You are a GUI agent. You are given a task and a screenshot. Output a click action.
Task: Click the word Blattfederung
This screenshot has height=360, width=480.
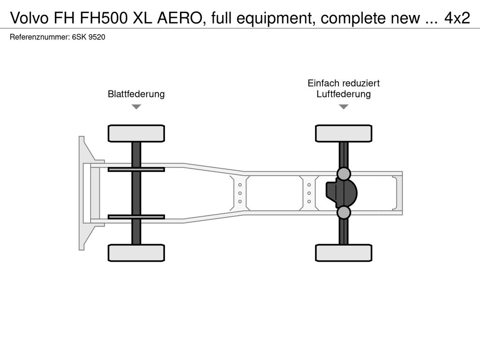click(136, 94)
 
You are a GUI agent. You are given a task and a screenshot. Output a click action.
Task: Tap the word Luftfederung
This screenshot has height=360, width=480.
click(344, 94)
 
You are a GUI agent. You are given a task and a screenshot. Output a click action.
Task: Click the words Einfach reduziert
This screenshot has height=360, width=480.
click(344, 83)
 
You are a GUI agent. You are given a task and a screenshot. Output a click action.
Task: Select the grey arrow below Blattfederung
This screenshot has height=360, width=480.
click(136, 107)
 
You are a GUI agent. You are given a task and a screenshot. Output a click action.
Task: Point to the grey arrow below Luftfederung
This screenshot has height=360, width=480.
click(344, 107)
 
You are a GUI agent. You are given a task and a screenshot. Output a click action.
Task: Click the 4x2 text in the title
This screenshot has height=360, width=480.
click(457, 18)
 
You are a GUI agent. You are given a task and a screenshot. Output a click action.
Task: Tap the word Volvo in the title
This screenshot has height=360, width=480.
click(30, 18)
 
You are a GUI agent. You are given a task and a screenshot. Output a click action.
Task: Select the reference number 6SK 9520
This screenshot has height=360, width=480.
click(89, 37)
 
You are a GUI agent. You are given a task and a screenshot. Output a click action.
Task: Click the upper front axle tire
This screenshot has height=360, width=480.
click(136, 134)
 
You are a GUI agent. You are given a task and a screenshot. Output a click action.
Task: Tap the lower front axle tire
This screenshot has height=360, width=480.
click(136, 253)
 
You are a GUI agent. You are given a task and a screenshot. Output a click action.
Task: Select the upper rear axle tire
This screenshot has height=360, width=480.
click(344, 134)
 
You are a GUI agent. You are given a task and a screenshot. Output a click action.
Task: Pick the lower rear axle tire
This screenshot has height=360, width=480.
click(344, 253)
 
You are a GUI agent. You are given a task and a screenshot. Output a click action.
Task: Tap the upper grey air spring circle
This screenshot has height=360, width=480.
click(344, 174)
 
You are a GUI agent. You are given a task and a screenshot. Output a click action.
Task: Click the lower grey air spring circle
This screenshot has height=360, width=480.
click(344, 212)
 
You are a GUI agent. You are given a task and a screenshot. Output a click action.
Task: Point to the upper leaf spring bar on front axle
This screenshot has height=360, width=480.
click(136, 169)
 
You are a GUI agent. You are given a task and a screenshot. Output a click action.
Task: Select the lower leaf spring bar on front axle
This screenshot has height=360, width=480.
click(136, 217)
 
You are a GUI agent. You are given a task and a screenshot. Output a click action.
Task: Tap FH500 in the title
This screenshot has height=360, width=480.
click(104, 18)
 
